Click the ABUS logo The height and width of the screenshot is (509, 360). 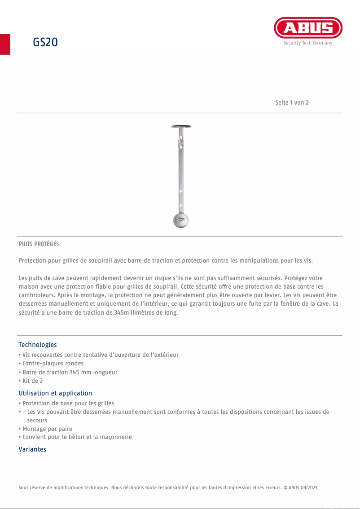(308, 28)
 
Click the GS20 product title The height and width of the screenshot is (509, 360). (45, 43)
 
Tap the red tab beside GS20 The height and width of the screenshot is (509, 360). (5, 44)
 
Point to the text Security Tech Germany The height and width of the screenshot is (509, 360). (308, 43)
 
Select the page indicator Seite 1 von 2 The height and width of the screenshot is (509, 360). (292, 102)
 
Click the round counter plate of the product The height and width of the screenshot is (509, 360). (180, 220)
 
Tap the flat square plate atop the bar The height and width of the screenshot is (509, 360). (180, 126)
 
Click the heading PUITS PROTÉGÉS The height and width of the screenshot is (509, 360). (39, 244)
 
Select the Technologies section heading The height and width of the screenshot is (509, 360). (38, 345)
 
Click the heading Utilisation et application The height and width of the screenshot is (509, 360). (55, 393)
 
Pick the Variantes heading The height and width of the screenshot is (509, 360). (32, 449)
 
